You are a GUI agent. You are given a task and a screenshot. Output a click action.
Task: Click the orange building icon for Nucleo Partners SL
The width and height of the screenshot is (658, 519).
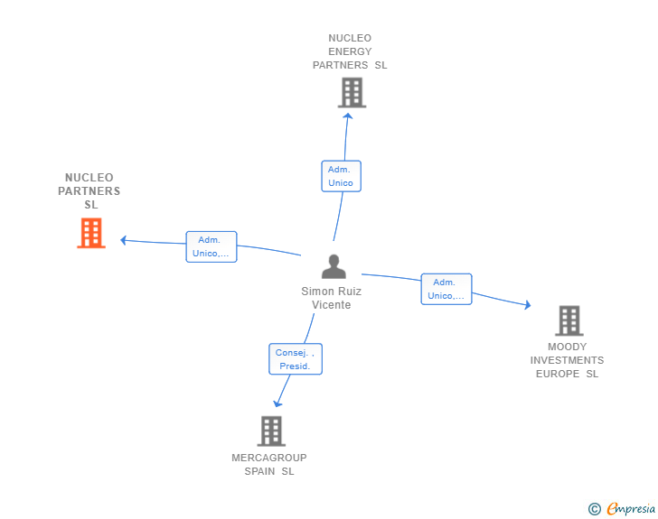click(91, 233)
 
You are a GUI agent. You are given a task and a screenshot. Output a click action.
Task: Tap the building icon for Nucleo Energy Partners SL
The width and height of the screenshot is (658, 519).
click(352, 92)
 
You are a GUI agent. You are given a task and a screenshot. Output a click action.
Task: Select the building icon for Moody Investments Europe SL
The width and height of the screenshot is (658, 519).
click(569, 320)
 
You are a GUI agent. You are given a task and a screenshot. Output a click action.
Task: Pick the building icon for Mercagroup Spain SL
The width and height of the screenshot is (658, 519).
click(271, 431)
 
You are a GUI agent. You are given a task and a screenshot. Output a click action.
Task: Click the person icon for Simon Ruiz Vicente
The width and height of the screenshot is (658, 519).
click(334, 266)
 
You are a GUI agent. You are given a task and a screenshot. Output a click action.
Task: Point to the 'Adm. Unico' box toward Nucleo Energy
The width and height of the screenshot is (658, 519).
click(341, 176)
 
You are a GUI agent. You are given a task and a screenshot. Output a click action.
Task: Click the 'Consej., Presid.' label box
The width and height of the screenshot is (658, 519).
click(296, 359)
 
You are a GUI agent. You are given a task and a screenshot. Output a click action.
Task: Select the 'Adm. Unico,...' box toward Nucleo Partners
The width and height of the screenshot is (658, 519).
click(211, 246)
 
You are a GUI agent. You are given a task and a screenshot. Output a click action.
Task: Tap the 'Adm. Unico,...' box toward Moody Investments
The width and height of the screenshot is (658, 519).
click(446, 289)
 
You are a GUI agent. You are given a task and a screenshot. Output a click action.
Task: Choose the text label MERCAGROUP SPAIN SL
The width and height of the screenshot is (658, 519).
click(269, 464)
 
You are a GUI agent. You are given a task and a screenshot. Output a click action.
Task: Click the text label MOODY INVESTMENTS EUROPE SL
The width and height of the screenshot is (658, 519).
click(567, 360)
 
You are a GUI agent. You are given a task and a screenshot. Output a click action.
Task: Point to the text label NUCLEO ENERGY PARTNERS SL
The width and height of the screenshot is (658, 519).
click(350, 51)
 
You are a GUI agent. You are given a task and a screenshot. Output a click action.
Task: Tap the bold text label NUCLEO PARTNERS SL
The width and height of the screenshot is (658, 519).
click(89, 190)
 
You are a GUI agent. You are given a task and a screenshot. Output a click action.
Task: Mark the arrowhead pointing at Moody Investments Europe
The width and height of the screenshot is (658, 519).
click(527, 306)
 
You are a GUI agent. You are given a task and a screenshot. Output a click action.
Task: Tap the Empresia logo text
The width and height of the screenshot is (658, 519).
click(631, 509)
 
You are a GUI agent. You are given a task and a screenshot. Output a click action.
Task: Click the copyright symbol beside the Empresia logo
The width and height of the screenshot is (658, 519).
click(594, 509)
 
